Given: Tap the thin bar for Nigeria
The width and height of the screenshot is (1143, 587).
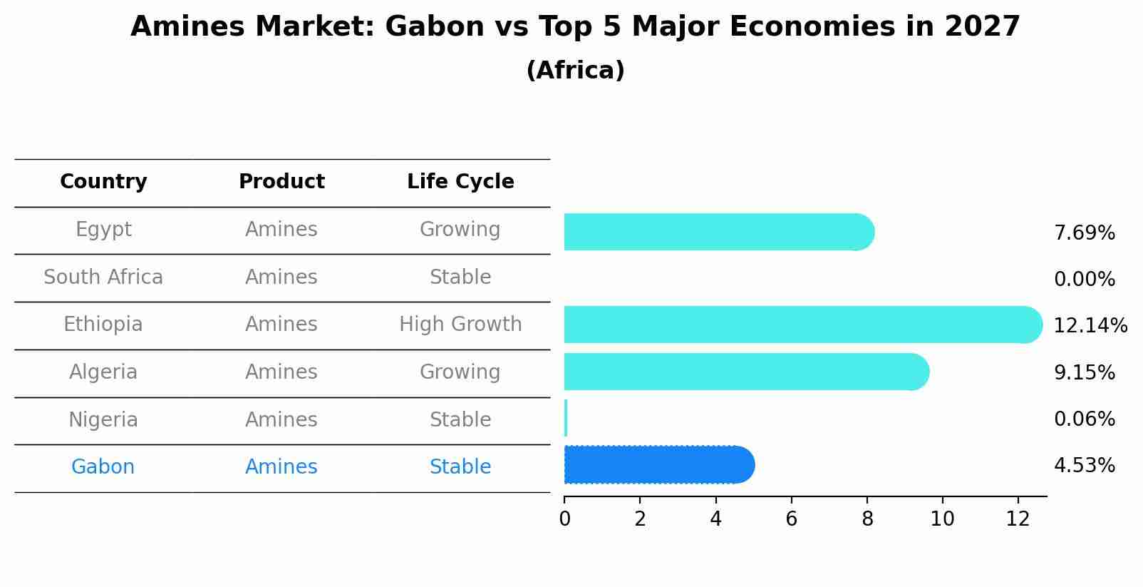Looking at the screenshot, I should click(x=566, y=418).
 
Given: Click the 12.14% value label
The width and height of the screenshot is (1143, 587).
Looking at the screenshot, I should click(x=1090, y=326).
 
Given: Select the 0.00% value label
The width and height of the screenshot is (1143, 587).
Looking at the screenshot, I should click(x=1084, y=280).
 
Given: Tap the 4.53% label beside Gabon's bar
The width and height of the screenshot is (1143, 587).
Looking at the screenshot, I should click(x=1084, y=466).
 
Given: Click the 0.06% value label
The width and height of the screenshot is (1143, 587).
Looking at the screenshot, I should click(x=1084, y=419).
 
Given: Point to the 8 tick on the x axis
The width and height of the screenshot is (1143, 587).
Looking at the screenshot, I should click(x=867, y=519).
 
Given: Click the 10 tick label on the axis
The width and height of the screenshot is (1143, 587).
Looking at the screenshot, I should click(x=942, y=519).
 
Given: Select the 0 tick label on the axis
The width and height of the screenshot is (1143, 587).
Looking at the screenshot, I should click(x=564, y=519).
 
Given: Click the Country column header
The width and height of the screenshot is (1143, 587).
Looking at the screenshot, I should click(x=103, y=182).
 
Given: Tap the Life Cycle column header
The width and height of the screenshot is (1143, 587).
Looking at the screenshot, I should click(x=460, y=182).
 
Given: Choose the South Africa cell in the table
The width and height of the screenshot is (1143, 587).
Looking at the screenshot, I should click(x=103, y=277).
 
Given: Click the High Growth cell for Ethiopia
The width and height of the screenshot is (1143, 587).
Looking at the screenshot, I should click(x=460, y=325).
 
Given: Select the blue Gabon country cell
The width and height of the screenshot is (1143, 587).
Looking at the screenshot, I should click(x=103, y=467).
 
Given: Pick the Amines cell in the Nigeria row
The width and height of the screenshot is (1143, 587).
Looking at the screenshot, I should click(x=281, y=420).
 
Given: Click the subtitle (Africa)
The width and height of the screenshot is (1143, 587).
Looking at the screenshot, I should click(x=575, y=71).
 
